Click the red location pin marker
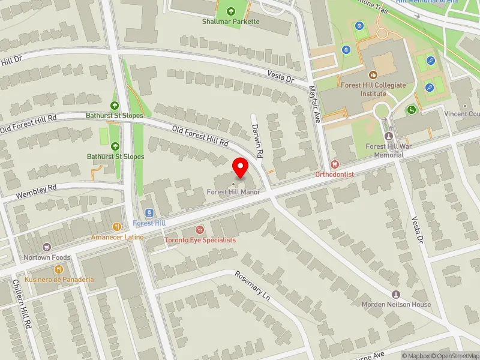pyautogui.click(x=241, y=167)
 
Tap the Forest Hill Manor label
pyautogui.click(x=234, y=192)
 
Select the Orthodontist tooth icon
pyautogui.click(x=335, y=164)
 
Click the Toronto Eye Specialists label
pyautogui.click(x=200, y=239)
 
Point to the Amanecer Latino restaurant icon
pyautogui.click(x=117, y=227)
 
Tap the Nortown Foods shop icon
pyautogui.click(x=47, y=247)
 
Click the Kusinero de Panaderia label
pyautogui.click(x=59, y=280)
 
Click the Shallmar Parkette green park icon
pyautogui.click(x=231, y=11)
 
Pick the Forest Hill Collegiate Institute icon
pyautogui.click(x=373, y=75)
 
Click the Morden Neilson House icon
pyautogui.click(x=396, y=294)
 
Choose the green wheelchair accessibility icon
pyautogui.click(x=411, y=110)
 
